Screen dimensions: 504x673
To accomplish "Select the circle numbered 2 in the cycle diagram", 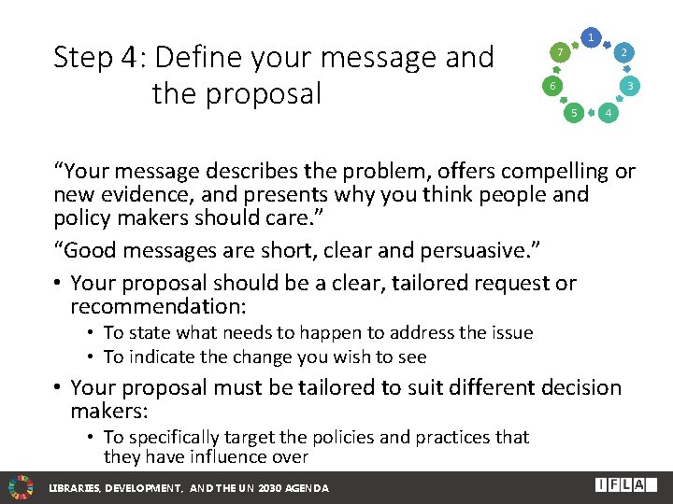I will coord(623,53).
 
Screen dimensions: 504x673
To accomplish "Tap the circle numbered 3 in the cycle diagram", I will coord(631,87).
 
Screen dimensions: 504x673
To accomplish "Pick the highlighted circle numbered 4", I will coord(609,114).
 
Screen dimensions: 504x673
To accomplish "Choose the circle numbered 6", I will coord(551,87).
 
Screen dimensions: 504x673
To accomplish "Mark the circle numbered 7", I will coord(558,53).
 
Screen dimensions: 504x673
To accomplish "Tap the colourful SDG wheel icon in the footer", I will coord(21,486).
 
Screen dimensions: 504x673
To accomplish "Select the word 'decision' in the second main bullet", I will coord(571,386).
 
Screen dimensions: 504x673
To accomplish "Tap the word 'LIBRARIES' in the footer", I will coord(75,488).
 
